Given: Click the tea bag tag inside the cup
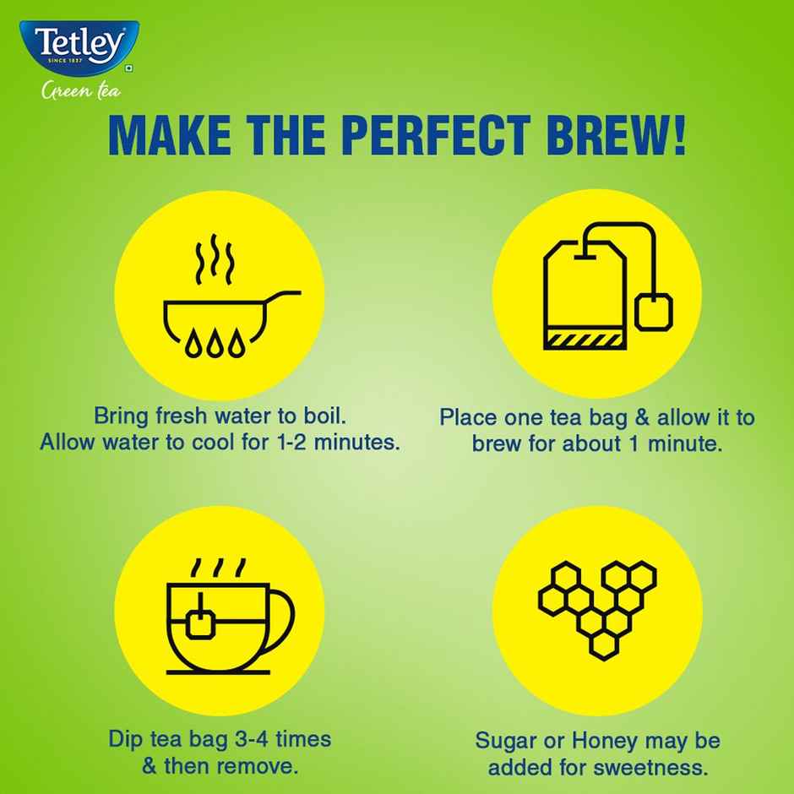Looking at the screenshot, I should coord(201,623).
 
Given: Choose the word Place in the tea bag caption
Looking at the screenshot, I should coord(467,418).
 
